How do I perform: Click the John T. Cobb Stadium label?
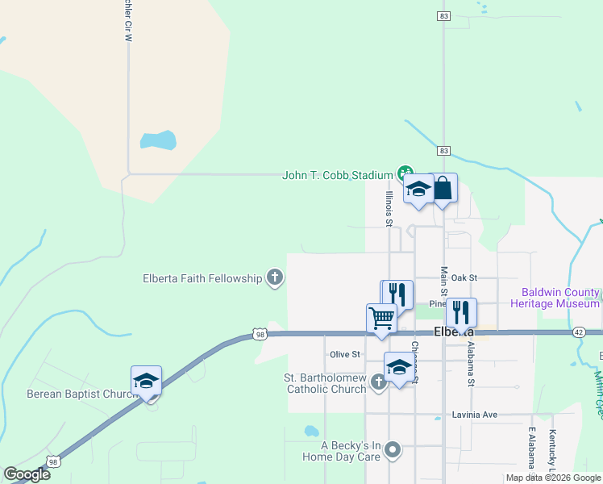point(336,175)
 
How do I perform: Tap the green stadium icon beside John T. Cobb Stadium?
point(405,173)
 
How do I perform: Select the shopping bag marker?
point(443,190)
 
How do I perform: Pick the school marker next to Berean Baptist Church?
point(147,381)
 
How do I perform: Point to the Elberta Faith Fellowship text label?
point(202,278)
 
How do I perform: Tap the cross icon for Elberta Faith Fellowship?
point(275,278)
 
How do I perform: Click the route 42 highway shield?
point(579,332)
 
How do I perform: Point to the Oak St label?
point(464,277)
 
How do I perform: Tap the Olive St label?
point(344,354)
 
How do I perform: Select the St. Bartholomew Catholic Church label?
point(325,384)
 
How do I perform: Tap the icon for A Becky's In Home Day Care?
point(393,449)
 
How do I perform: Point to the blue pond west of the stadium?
point(158,140)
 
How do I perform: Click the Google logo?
point(27,474)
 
